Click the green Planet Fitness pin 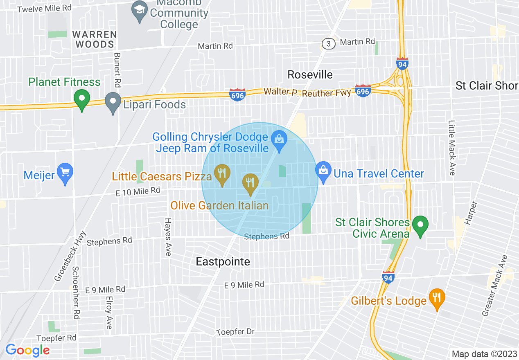82,99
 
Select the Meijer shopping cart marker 65,173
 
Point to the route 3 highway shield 327,44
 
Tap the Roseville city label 310,74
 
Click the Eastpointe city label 223,261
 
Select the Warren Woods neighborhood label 95,39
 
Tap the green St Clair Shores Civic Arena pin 420,225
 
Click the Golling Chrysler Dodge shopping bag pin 280,139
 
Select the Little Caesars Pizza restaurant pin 222,173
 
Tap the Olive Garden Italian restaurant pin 250,183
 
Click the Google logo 27,350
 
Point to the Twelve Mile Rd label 45,8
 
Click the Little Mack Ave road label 451,148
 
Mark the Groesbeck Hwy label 70,256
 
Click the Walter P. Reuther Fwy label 307,92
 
